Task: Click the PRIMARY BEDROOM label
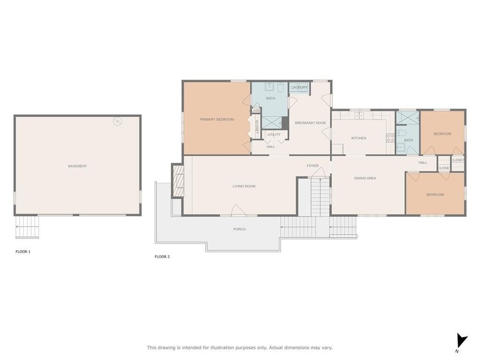[217, 119]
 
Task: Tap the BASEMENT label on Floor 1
[77, 166]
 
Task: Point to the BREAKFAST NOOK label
[310, 123]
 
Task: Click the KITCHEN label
[359, 138]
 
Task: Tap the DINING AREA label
[365, 178]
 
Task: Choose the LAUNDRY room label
[299, 87]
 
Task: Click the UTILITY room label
[274, 134]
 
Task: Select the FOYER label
[313, 166]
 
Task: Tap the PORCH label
[239, 229]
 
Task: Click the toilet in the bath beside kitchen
[401, 147]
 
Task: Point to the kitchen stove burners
[391, 138]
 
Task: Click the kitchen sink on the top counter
[359, 115]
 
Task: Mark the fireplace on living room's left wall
[178, 181]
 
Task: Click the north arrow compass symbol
[461, 340]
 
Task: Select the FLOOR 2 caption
[162, 257]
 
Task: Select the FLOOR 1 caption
[23, 251]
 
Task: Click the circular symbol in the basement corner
[118, 121]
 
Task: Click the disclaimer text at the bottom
[239, 347]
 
